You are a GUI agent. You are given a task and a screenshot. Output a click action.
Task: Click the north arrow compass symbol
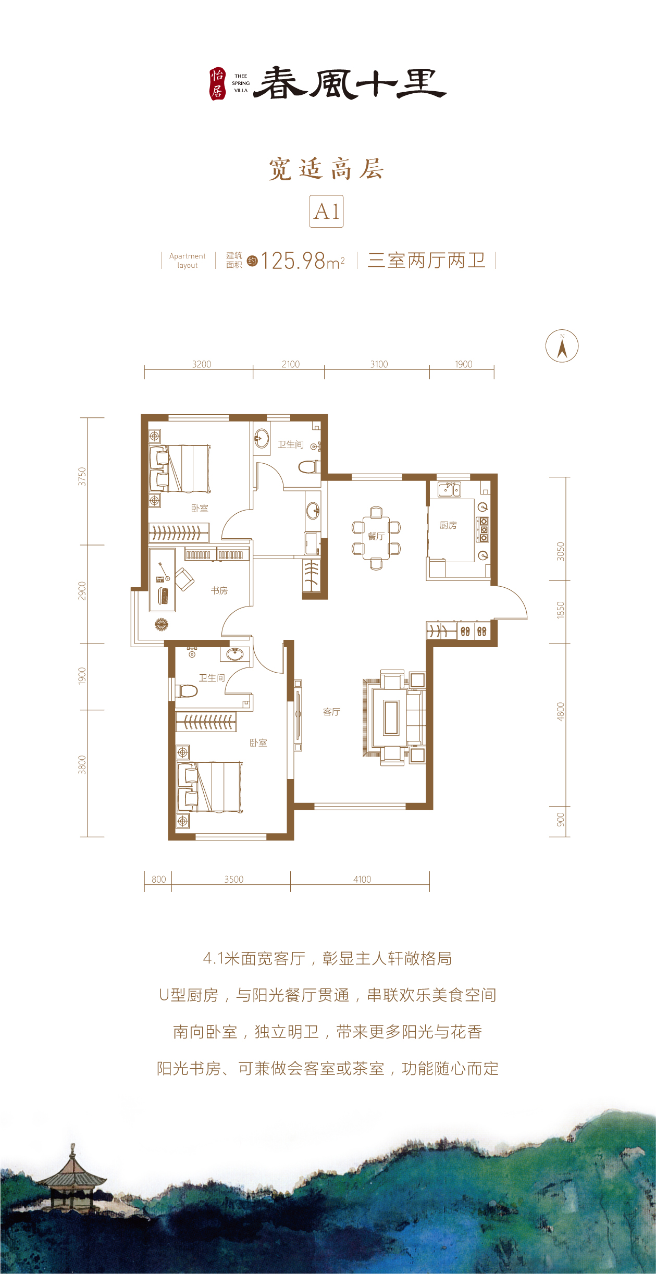tap(562, 346)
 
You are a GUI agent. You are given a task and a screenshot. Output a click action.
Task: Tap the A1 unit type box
tap(327, 211)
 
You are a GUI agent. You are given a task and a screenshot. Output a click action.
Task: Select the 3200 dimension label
tap(202, 364)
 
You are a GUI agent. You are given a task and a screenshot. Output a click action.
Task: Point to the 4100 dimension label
tap(362, 879)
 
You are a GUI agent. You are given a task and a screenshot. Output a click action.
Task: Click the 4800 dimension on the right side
tap(561, 711)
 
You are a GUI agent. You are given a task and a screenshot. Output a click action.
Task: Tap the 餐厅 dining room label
tap(376, 536)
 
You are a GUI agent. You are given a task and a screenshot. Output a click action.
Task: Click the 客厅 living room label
tap(331, 712)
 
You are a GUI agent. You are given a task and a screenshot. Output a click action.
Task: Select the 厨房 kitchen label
tap(448, 525)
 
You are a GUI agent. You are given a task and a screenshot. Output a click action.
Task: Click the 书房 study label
tap(219, 590)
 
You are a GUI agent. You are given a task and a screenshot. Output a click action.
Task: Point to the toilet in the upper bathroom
tap(310, 466)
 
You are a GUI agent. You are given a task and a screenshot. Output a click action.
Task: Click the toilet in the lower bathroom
tap(186, 691)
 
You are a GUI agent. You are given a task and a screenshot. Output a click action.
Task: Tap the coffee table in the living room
tap(391, 718)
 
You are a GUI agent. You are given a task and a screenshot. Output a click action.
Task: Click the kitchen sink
tap(449, 489)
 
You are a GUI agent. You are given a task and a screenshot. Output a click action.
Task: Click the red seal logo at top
tap(217, 84)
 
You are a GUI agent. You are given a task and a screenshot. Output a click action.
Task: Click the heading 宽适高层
tap(327, 169)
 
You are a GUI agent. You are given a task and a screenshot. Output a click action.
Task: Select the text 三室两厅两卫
tap(426, 260)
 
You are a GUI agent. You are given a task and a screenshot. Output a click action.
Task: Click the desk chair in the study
tap(184, 579)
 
